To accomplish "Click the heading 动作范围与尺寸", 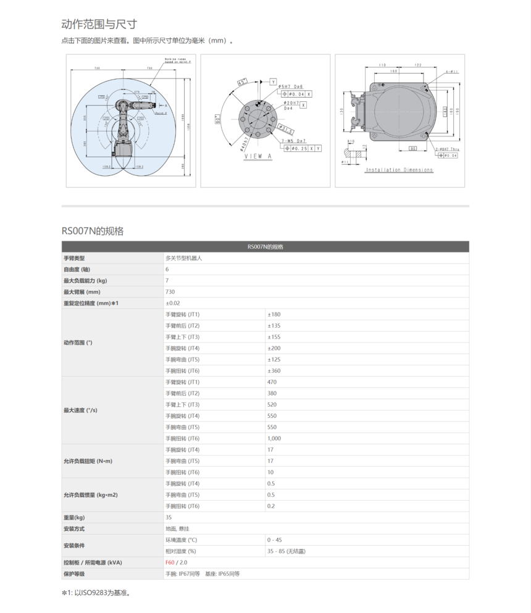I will (99, 24).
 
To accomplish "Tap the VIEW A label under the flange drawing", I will (257, 156).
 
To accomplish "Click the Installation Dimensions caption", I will (399, 170).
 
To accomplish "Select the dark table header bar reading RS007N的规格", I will (265, 247).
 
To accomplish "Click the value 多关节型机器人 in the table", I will (183, 258).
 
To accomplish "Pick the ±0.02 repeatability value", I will (173, 303).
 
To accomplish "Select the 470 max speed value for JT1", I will (272, 382).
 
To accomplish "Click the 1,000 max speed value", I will (274, 438).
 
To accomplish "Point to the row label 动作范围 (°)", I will (78, 343).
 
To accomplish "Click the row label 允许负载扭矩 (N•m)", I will (88, 461).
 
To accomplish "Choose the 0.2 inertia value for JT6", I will (271, 506).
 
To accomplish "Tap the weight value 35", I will (169, 517).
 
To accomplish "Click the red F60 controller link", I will (170, 562).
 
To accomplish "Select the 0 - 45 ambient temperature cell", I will (275, 540).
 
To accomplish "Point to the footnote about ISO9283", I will (96, 593).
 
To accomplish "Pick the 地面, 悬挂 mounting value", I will (177, 528).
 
